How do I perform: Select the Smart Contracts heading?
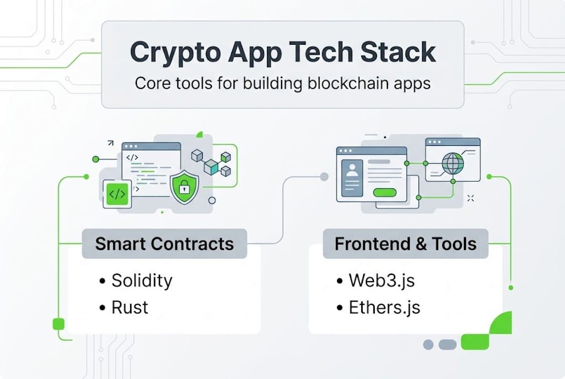point(164,244)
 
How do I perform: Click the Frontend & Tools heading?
point(405,244)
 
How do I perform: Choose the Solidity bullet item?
point(142,280)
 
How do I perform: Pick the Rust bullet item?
point(130,307)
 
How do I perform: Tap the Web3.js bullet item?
point(381,280)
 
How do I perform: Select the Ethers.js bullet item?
point(384,307)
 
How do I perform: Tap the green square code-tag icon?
point(117,194)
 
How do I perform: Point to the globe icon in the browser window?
point(453,163)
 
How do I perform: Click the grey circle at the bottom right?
point(428,345)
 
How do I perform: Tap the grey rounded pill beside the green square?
point(448,345)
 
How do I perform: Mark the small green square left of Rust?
point(58,324)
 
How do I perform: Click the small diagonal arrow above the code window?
point(111,143)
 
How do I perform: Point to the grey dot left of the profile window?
point(325,176)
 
